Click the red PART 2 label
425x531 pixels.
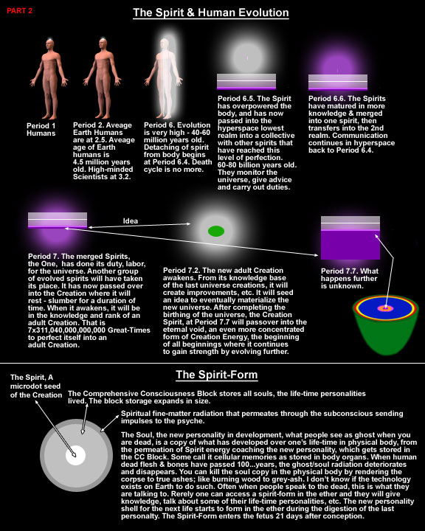pyautogui.click(x=19, y=11)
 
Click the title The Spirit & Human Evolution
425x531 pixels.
pyautogui.click(x=211, y=13)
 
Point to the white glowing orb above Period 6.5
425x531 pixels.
pyautogui.click(x=246, y=58)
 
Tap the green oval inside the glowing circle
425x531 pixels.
pyautogui.click(x=216, y=231)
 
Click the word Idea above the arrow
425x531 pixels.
pyautogui.click(x=131, y=221)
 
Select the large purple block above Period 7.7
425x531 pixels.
pyautogui.click(x=350, y=245)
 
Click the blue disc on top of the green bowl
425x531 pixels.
pyautogui.click(x=385, y=308)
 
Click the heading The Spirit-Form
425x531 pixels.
pyautogui.click(x=217, y=375)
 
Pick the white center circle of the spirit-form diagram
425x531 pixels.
pyautogui.click(x=75, y=456)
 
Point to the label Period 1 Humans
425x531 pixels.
pyautogui.click(x=41, y=129)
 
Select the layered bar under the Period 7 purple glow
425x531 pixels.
pyautogui.click(x=58, y=221)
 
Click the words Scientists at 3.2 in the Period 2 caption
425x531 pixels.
pyautogui.click(x=102, y=177)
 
